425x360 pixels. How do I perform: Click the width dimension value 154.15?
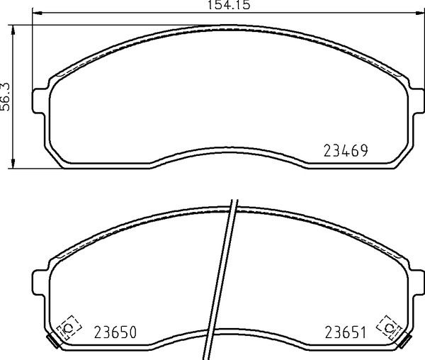229,5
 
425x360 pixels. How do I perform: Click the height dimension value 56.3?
5,96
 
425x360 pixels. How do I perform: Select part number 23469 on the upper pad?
346,151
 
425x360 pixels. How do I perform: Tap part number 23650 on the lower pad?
115,332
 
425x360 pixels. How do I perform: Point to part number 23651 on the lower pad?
346,332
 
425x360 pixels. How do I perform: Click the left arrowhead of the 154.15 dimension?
38,13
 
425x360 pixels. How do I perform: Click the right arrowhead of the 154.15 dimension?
419,13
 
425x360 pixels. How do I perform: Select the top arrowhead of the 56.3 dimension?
13,30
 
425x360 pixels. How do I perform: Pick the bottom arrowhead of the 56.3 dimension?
13,163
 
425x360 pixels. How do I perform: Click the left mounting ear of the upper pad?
39,101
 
